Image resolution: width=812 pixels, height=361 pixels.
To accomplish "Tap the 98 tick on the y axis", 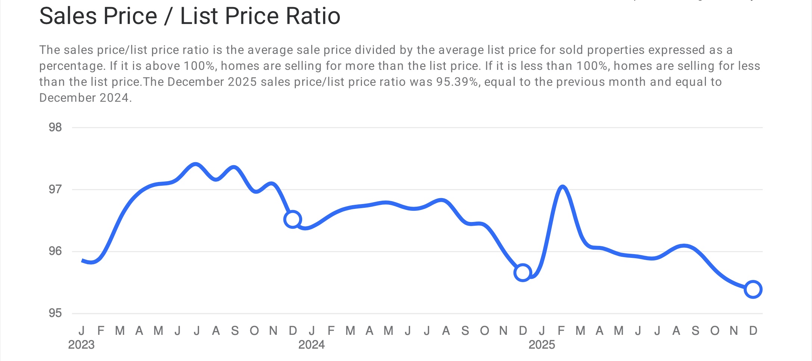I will coord(55,127).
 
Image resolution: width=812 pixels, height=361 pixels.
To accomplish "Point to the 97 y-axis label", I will coord(55,189).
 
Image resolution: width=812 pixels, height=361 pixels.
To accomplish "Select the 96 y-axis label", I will coord(55,251).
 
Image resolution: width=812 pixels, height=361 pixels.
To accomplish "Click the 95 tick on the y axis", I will coord(55,313).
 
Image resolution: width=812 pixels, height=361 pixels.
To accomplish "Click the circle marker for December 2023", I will coord(292,219).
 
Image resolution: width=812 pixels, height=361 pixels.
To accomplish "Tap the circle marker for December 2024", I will coord(523,272).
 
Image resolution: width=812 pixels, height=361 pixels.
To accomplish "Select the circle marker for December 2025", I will coord(753,289).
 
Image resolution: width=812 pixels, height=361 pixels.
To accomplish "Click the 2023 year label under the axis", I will coord(81,345).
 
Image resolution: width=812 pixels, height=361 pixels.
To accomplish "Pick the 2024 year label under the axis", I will coord(312,345).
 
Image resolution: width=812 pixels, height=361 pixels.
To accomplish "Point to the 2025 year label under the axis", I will coord(542,345).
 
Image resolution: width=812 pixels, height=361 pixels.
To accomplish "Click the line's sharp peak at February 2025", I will coord(562,186).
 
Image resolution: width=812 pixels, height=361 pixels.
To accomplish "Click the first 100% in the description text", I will coord(199,66).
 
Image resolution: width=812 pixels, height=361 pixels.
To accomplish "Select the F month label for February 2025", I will coord(561,331).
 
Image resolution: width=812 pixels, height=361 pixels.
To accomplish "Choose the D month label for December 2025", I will coord(753,331).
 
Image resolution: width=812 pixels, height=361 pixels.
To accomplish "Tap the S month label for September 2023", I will coord(235,331).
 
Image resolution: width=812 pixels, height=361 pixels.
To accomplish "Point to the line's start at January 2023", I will coord(82,260).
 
